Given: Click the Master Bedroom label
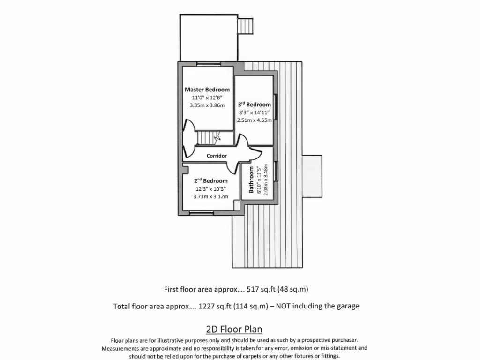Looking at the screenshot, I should pyautogui.click(x=207, y=90).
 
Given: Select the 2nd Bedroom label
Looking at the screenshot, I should pyautogui.click(x=211, y=181).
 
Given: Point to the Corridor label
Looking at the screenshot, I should pyautogui.click(x=217, y=156).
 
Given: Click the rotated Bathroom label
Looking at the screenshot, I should pyautogui.click(x=252, y=180).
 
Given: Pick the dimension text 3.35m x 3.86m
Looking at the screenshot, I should pyautogui.click(x=207, y=105).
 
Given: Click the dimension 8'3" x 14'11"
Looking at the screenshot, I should pyautogui.click(x=255, y=112).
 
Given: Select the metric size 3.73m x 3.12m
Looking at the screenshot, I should pyautogui.click(x=211, y=197).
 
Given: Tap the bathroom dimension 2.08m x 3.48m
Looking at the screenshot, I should pyautogui.click(x=265, y=180).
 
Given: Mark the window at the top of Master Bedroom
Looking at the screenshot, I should pyautogui.click(x=209, y=64).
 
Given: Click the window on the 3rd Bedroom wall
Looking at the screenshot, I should pyautogui.click(x=276, y=107).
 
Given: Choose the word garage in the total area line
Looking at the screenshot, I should pyautogui.click(x=348, y=306).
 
